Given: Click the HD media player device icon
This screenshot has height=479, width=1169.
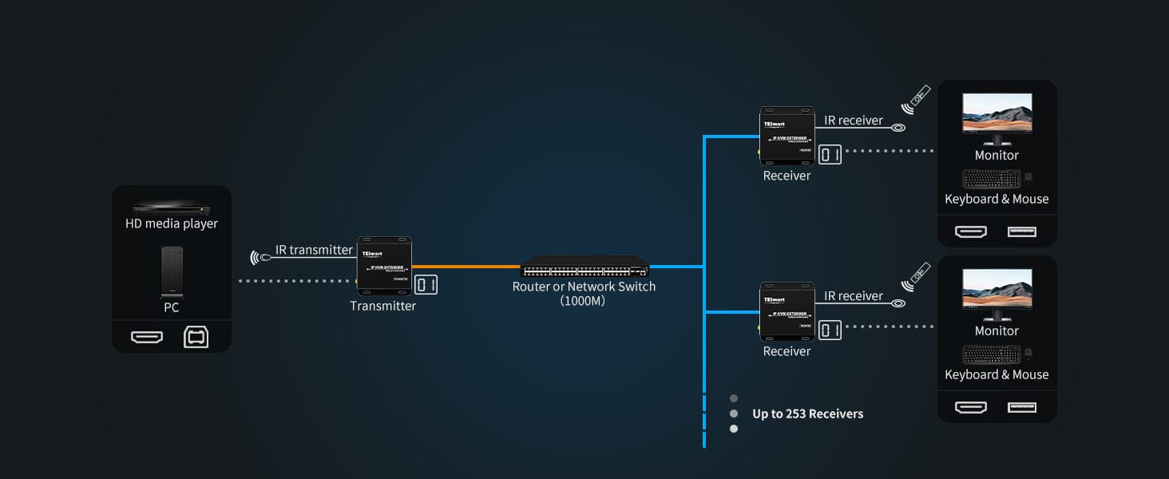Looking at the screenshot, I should [x=171, y=209].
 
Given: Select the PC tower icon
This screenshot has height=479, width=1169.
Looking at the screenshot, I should [x=172, y=271].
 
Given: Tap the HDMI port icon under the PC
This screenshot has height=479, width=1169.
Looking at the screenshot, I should [x=147, y=338].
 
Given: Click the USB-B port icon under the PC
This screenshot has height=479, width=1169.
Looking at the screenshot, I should [x=196, y=338].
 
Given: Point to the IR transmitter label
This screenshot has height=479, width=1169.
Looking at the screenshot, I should [x=314, y=250].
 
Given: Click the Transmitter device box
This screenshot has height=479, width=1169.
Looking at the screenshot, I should [x=384, y=266].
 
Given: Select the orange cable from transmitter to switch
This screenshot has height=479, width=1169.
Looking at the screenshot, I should [x=466, y=267].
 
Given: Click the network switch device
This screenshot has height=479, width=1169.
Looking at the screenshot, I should [x=584, y=267].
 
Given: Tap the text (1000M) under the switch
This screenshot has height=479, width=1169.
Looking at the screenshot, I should [x=584, y=301].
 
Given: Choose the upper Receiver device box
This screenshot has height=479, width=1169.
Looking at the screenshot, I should [x=787, y=137].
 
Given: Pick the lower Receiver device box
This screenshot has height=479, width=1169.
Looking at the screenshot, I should [x=787, y=312].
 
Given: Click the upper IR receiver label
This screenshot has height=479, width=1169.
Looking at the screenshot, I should [x=854, y=121].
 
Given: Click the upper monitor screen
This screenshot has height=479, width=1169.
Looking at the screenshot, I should [x=997, y=113].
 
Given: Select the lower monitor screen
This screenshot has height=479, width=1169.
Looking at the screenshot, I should [x=997, y=288].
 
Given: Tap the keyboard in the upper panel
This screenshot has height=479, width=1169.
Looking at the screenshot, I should [x=991, y=178].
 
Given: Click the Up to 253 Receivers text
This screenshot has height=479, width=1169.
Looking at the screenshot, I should [x=807, y=414].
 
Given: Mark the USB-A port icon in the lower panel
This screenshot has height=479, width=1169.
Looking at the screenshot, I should [x=1022, y=407].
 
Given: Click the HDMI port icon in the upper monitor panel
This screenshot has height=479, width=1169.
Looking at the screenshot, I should [x=971, y=232].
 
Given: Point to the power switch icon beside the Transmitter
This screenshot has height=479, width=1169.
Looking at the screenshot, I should [x=426, y=285].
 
